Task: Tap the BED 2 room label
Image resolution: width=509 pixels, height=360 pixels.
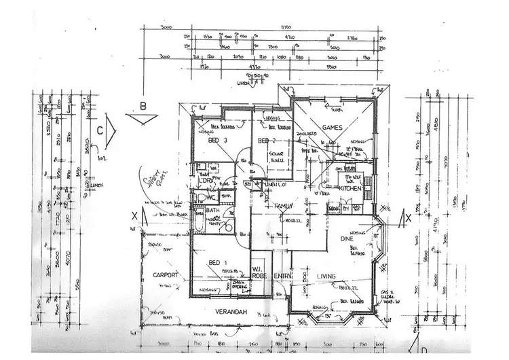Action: click(265, 141)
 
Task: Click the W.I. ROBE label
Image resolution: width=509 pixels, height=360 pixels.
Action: click(259, 272)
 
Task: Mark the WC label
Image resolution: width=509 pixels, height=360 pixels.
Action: click(211, 198)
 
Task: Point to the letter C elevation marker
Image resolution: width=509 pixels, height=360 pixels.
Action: click(100, 128)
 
